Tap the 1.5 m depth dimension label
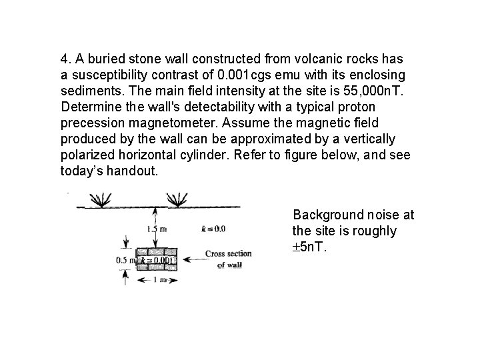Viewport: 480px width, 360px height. [156, 229]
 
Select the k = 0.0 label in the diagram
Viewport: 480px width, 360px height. [213, 229]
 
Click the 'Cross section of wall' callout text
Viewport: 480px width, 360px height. [228, 259]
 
